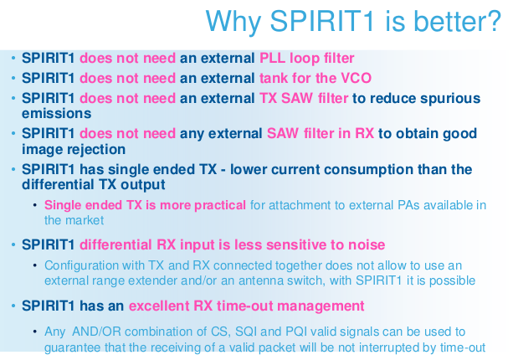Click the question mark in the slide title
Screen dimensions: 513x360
point(493,20)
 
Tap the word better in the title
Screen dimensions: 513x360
point(449,20)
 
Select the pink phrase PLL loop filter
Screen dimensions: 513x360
point(307,59)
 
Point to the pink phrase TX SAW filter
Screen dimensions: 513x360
point(304,98)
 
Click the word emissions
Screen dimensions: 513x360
point(57,114)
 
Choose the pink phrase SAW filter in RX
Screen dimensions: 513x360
point(321,133)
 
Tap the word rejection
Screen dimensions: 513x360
point(96,150)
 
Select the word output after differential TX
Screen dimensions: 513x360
point(143,185)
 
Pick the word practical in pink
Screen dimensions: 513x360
point(220,205)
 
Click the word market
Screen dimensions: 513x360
point(85,220)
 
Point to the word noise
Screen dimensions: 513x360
point(367,244)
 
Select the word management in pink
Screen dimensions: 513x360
point(321,306)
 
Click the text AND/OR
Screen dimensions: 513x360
point(97,332)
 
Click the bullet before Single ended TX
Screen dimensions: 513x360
point(35,205)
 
